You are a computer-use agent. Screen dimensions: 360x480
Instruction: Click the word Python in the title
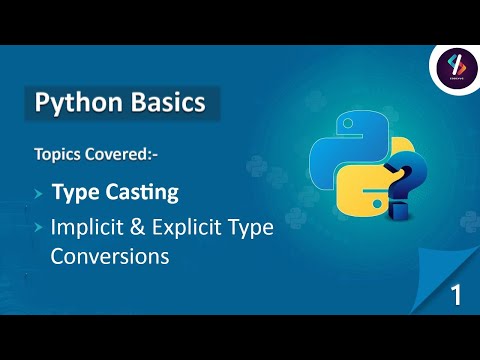[73, 103]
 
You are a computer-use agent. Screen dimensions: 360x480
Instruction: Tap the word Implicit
[87, 228]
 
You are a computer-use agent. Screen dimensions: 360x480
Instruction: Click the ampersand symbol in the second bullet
[141, 228]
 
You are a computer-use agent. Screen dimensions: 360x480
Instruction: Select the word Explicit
[196, 228]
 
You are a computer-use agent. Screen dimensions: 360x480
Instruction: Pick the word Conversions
[109, 257]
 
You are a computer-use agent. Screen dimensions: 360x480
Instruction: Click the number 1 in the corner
[455, 295]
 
